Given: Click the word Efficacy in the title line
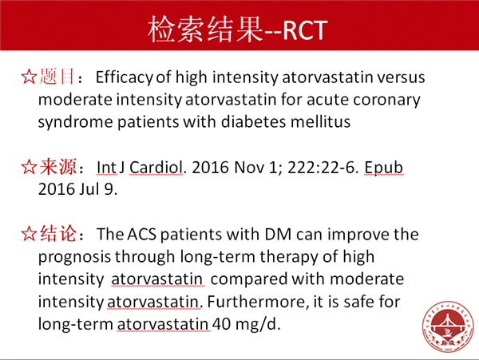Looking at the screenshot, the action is click(x=124, y=77).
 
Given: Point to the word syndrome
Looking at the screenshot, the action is click(x=76, y=123).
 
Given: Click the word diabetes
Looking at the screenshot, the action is click(x=254, y=121).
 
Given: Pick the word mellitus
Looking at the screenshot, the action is click(x=320, y=121).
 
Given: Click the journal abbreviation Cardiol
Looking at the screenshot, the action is click(x=156, y=168).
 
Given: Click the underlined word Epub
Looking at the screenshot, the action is click(x=383, y=168).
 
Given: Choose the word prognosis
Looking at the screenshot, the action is click(x=74, y=257).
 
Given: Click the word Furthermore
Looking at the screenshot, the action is click(x=256, y=302).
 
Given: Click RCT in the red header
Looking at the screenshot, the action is click(x=305, y=30).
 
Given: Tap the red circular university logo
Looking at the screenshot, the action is click(x=448, y=326).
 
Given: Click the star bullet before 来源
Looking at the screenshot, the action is click(x=29, y=167).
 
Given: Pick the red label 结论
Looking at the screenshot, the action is click(x=57, y=234).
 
